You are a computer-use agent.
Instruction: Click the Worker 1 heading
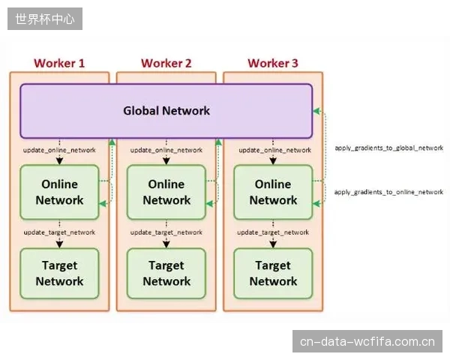coord(59,63)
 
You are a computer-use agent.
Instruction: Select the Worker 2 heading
coord(166,63)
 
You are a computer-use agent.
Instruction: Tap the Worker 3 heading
coord(273,63)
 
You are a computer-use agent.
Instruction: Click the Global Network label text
coord(166,111)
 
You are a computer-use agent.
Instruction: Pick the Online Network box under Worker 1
coord(59,192)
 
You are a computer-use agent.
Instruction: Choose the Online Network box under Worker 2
coord(166,192)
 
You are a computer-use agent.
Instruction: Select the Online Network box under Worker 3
coord(273,192)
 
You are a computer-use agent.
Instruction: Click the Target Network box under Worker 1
coord(59,274)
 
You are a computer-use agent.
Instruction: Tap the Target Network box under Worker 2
coord(166,274)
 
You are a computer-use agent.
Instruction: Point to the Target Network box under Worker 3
coord(273,274)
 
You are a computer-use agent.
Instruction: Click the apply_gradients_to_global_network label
coord(389,148)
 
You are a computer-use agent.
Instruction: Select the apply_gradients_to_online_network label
coord(388,192)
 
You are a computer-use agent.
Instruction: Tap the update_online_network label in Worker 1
coord(59,150)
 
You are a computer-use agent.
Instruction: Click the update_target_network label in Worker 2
coord(166,232)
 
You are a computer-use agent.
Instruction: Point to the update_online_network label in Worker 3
coord(275,150)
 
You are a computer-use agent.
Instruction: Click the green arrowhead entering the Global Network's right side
coord(316,111)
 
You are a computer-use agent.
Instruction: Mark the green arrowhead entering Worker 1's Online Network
coord(103,204)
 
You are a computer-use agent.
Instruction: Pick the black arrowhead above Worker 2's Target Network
coord(166,244)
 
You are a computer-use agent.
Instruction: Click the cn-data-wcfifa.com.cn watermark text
coord(367,342)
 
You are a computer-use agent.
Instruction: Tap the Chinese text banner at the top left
coord(45,19)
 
